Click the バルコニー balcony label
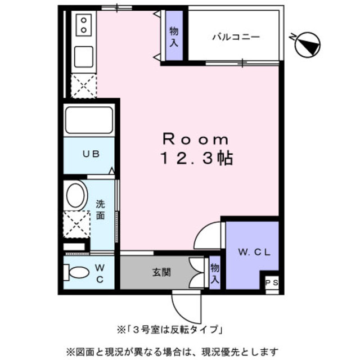coord(235,37)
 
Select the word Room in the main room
coord(196,139)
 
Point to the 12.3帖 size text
coord(196,158)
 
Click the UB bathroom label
coord(92,154)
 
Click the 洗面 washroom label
coord(100,209)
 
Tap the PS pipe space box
coord(271,283)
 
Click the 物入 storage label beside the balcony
coord(174,36)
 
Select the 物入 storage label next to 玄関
coord(215,273)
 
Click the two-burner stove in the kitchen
coord(84,25)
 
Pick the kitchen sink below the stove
coord(84,56)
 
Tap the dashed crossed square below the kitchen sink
coord(83,86)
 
